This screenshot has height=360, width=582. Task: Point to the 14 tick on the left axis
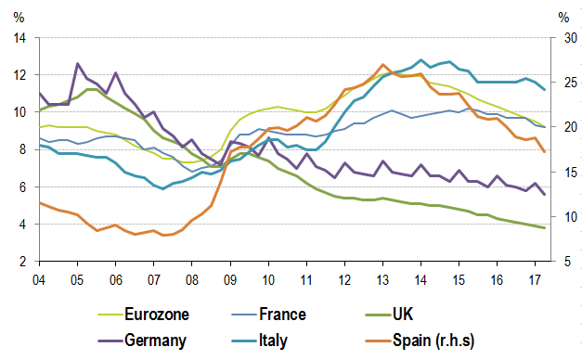(21, 38)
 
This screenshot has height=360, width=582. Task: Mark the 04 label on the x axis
(39, 277)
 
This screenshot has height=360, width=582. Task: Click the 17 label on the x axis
(535, 277)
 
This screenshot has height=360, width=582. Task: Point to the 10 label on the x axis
(267, 277)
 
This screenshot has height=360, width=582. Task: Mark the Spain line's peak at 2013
(383, 65)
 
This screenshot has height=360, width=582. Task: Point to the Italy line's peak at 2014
(422, 60)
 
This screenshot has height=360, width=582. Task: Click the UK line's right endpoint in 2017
(544, 228)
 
